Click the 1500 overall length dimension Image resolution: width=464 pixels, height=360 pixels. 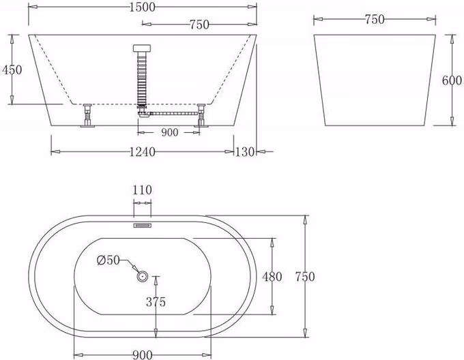click(x=143, y=7)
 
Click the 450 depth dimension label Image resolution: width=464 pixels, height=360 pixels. click(x=12, y=70)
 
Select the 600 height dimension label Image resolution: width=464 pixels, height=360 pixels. click(x=452, y=80)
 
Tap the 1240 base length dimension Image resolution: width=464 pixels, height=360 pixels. click(x=143, y=152)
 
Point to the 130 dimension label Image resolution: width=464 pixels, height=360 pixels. click(x=245, y=152)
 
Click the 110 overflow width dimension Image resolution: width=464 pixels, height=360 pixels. click(x=143, y=190)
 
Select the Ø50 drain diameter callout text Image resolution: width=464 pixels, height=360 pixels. click(x=108, y=260)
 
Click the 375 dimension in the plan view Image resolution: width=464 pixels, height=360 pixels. click(x=156, y=302)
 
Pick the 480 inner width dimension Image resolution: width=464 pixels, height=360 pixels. click(x=272, y=277)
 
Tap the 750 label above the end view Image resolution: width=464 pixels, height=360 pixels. click(x=375, y=20)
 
